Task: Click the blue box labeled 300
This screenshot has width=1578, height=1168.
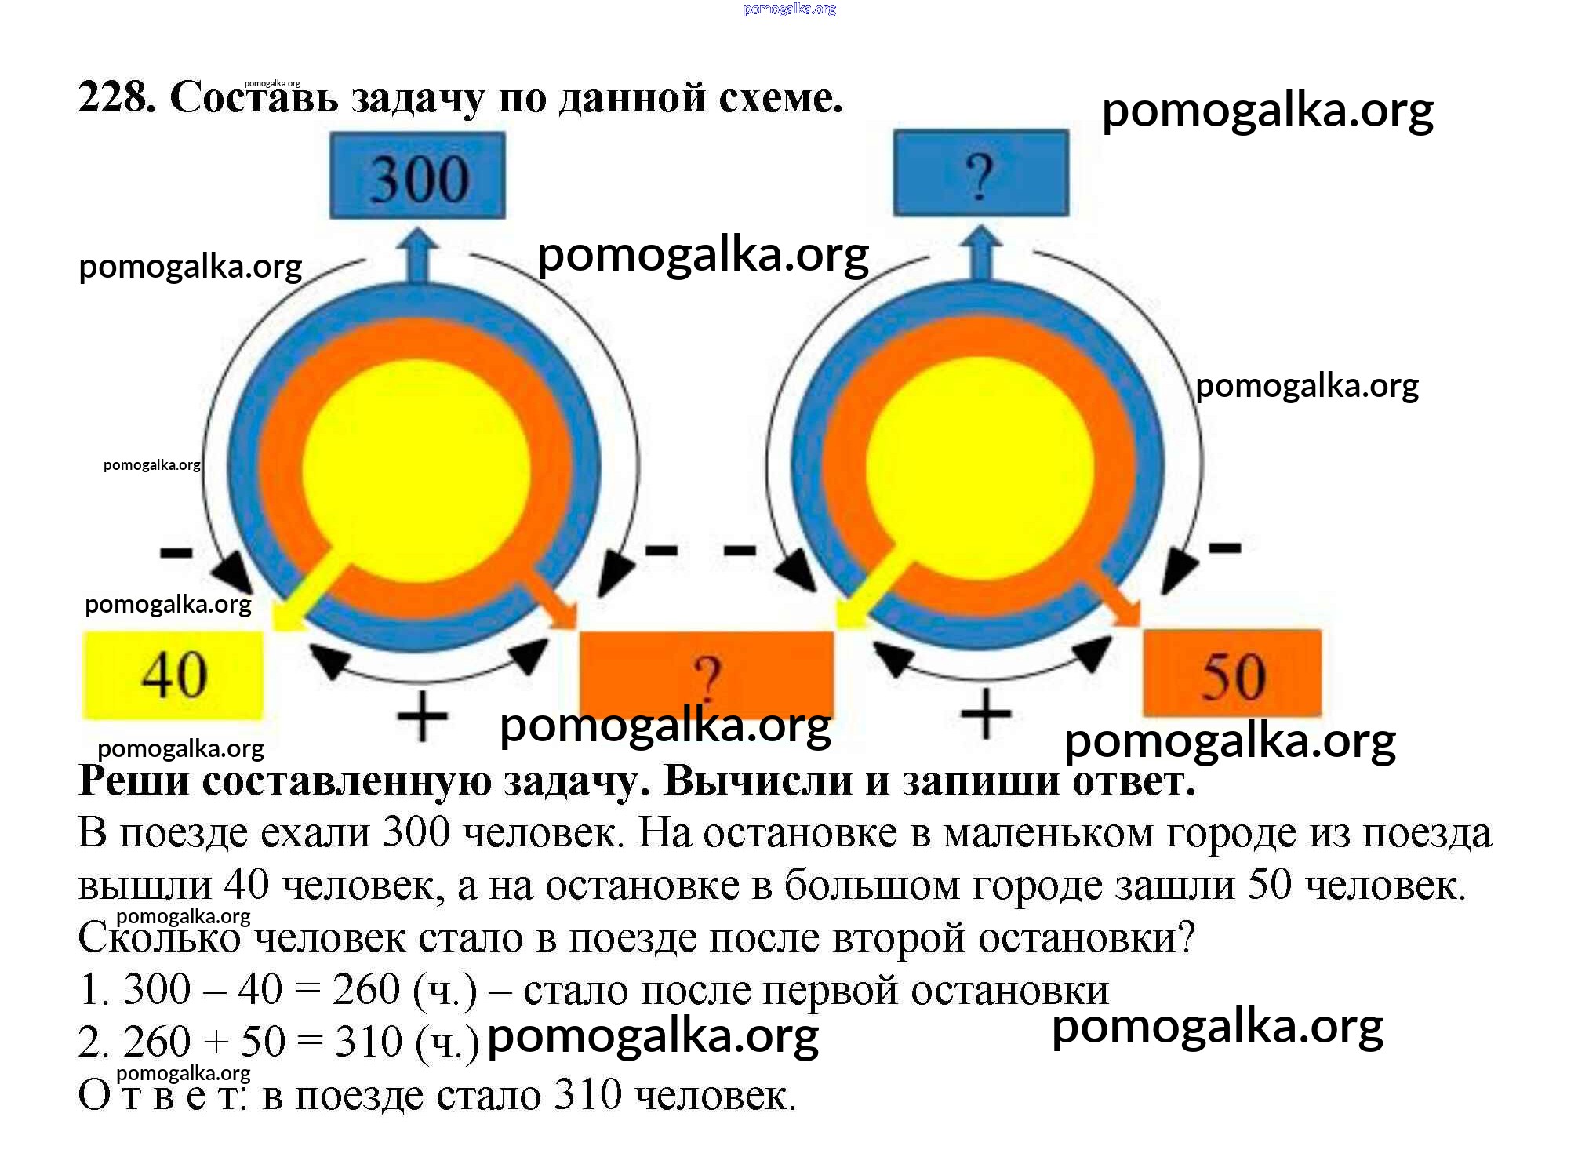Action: (417, 175)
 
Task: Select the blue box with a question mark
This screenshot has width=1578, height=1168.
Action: (980, 173)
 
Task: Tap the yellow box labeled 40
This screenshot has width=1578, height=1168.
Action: (173, 675)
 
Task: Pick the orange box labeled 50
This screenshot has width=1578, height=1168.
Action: (1231, 673)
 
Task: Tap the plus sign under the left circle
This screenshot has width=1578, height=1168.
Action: (422, 715)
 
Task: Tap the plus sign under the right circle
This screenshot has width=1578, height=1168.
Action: (986, 714)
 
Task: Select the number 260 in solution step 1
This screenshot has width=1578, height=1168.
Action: (365, 990)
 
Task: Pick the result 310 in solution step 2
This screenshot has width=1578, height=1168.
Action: (368, 1042)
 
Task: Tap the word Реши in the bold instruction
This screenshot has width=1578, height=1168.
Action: (133, 781)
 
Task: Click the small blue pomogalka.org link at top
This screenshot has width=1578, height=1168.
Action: (789, 9)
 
